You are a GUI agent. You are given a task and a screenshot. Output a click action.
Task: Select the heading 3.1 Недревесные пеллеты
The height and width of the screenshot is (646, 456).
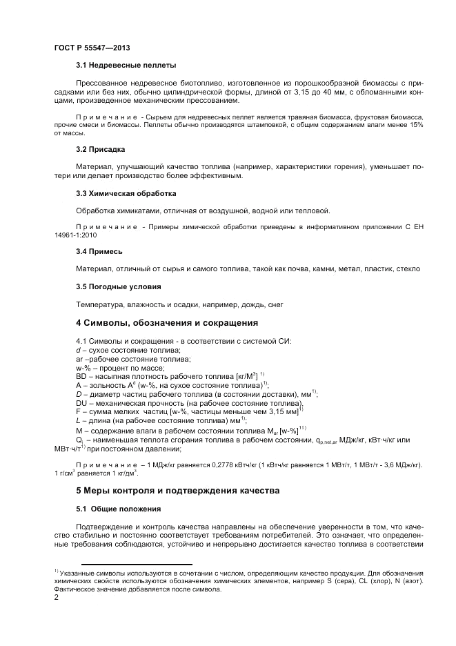point(126,66)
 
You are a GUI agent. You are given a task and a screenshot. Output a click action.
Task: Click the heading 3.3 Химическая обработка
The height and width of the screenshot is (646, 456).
point(126,193)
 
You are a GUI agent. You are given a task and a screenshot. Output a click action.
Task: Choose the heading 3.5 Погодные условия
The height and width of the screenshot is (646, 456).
point(119,286)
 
